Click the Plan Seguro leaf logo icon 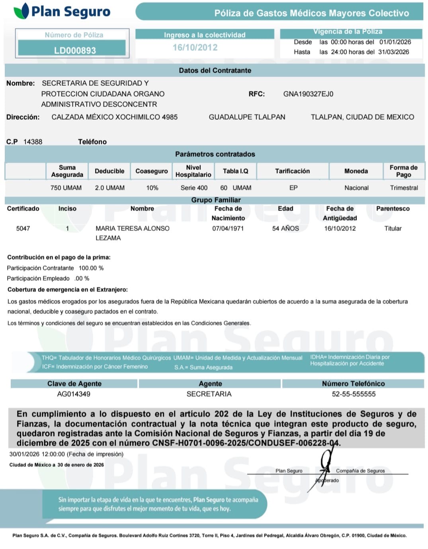[21, 11]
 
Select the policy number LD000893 [75, 51]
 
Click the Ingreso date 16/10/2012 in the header [195, 47]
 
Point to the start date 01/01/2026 [395, 42]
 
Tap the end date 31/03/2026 [393, 52]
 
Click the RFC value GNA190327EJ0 [308, 94]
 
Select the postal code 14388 [33, 142]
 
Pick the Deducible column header [109, 171]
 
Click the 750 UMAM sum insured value [66, 188]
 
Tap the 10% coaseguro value [152, 188]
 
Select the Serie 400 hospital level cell [194, 188]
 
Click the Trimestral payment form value [404, 188]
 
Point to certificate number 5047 [23, 228]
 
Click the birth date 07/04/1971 [228, 228]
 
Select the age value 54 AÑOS [285, 228]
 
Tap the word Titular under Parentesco [393, 228]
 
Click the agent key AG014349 [74, 394]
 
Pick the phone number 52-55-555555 [354, 394]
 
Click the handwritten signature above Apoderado [325, 464]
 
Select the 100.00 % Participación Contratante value [91, 268]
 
